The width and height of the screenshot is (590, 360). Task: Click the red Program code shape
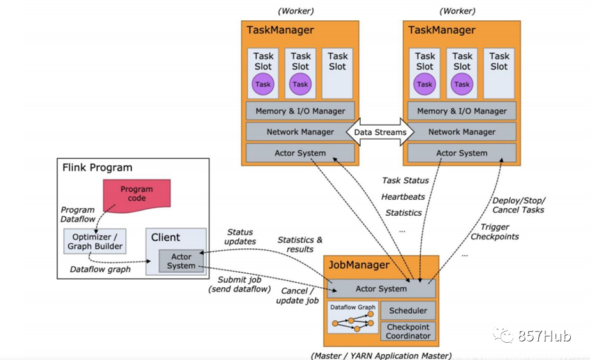tap(137, 195)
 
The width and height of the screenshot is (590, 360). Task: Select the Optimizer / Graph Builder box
tap(95, 241)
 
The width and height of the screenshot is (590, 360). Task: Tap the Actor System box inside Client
tap(181, 261)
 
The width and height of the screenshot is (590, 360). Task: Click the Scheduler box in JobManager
tap(408, 310)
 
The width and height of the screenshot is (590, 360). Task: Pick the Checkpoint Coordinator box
tap(408, 331)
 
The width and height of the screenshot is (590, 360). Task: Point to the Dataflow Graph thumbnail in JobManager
tap(353, 317)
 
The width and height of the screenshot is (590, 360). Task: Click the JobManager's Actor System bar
tap(381, 289)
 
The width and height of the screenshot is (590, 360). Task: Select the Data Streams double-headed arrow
tap(380, 131)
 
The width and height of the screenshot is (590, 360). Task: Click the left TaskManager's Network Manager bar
tap(300, 131)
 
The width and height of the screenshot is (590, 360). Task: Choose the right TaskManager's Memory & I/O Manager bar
tap(462, 111)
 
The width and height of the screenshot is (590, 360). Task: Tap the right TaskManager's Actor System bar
tap(462, 153)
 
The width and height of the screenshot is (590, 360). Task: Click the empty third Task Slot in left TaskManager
tap(337, 73)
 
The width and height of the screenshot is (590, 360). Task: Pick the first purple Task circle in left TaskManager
tap(262, 84)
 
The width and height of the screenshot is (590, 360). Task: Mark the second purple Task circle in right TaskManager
tap(462, 84)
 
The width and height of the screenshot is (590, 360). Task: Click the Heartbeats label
tap(403, 197)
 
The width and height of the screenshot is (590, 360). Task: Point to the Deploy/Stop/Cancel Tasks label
tap(518, 205)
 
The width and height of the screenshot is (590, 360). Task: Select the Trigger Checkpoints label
tap(495, 232)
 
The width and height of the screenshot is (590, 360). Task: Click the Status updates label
tap(240, 237)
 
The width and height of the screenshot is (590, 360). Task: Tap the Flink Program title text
tap(97, 167)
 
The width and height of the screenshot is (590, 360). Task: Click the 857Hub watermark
tap(532, 336)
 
